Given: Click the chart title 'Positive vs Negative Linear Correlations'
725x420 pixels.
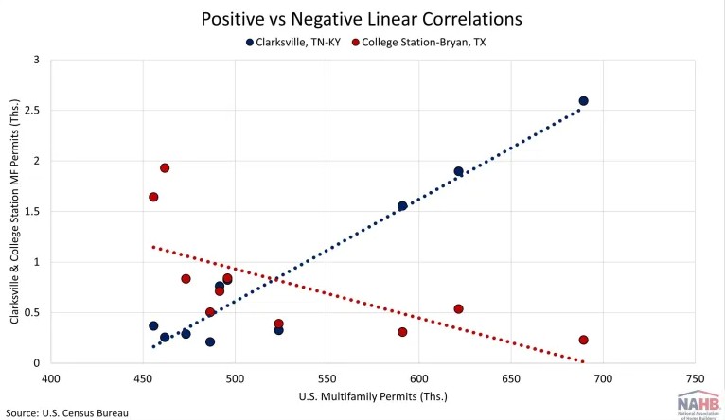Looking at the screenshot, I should (362, 18).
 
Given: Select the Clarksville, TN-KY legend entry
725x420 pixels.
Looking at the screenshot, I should (297, 42).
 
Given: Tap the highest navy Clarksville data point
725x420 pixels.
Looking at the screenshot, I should (583, 101).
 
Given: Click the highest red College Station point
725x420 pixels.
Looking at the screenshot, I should (165, 168).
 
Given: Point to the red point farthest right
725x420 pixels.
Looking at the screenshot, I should (583, 341).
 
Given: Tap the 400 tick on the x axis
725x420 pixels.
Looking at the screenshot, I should (51, 379).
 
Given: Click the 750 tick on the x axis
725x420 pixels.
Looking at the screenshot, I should (695, 379).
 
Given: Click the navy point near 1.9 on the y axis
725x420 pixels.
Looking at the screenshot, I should (459, 172).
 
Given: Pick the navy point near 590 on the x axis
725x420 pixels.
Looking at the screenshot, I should (402, 206).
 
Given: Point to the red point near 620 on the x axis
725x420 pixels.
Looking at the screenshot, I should (459, 309).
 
